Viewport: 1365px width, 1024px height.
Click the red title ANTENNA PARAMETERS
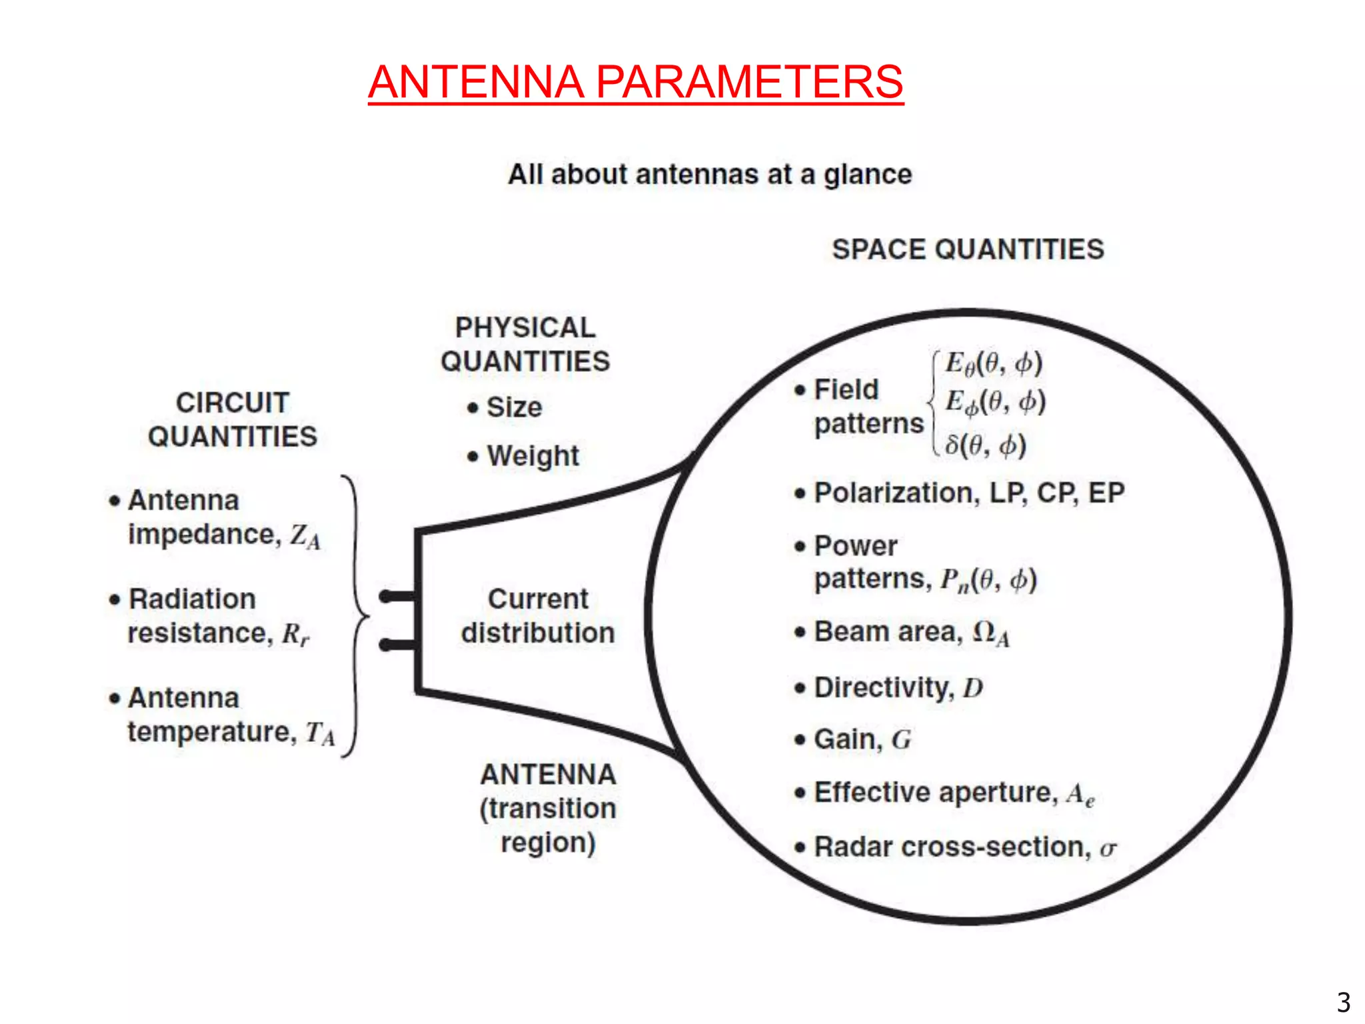point(635,82)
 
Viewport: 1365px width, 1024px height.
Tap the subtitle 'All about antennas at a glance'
point(710,175)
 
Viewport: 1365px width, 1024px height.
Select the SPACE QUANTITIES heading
point(968,249)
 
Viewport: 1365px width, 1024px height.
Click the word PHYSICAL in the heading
point(525,327)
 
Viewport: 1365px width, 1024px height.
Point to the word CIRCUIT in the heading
point(232,403)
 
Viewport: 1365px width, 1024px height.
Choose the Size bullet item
point(513,407)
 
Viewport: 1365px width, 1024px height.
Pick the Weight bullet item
point(532,457)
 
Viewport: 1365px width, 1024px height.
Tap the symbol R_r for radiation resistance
point(295,634)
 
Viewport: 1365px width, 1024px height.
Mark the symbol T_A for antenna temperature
point(321,733)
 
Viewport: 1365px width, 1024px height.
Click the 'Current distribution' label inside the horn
point(538,616)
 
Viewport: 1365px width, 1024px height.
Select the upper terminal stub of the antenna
point(398,596)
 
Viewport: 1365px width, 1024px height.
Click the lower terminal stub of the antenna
point(398,645)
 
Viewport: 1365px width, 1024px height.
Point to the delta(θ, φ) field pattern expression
point(985,445)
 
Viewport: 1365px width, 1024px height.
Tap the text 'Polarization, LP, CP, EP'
point(969,493)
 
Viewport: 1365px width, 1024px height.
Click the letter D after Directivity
point(973,688)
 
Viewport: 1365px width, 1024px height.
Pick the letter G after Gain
point(901,740)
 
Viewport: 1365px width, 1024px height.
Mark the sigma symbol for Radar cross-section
point(1108,849)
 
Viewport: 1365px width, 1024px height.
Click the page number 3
point(1344,1002)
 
